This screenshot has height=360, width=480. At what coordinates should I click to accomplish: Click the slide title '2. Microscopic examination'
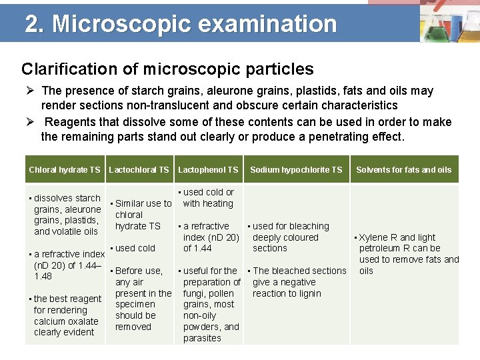(x=181, y=24)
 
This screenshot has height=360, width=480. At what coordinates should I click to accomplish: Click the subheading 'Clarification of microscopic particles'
(x=167, y=69)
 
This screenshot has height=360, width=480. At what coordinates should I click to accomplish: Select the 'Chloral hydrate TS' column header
(x=65, y=170)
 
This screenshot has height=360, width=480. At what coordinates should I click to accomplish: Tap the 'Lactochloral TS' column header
(x=139, y=170)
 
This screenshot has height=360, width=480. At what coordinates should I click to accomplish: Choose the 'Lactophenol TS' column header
(x=208, y=170)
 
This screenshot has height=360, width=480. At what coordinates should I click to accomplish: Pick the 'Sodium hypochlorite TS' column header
(x=296, y=170)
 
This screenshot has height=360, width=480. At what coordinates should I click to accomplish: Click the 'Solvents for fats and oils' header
(x=403, y=170)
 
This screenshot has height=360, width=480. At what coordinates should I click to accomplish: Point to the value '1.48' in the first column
(x=43, y=277)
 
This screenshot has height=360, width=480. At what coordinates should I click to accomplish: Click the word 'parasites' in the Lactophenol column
(x=202, y=338)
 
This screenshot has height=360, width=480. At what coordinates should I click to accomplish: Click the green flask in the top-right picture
(x=433, y=30)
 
